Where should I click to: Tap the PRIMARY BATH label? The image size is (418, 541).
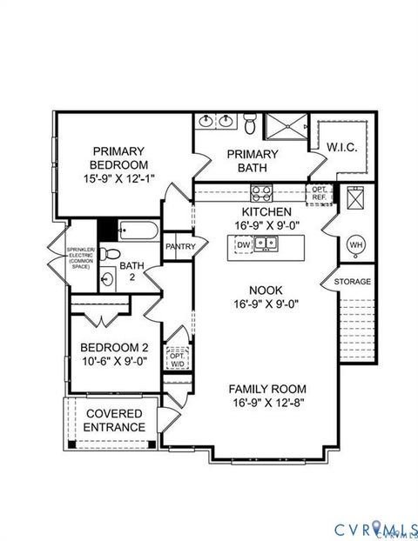pos(253,162)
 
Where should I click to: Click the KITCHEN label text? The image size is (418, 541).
pos(266,211)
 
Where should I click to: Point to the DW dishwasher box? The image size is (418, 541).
pos(243,245)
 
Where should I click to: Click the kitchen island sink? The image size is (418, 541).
pos(267,245)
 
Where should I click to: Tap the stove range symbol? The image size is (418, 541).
pos(261,192)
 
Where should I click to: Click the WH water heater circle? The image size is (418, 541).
pos(355,245)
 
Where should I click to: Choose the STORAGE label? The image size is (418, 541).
pos(354,282)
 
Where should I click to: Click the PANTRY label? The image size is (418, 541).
pos(179,247)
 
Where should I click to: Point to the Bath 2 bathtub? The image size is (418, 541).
pos(137,232)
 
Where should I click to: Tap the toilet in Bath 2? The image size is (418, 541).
pos(108,254)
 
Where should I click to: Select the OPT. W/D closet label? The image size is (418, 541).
pos(177,360)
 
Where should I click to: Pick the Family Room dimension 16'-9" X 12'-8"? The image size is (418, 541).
pos(267,404)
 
